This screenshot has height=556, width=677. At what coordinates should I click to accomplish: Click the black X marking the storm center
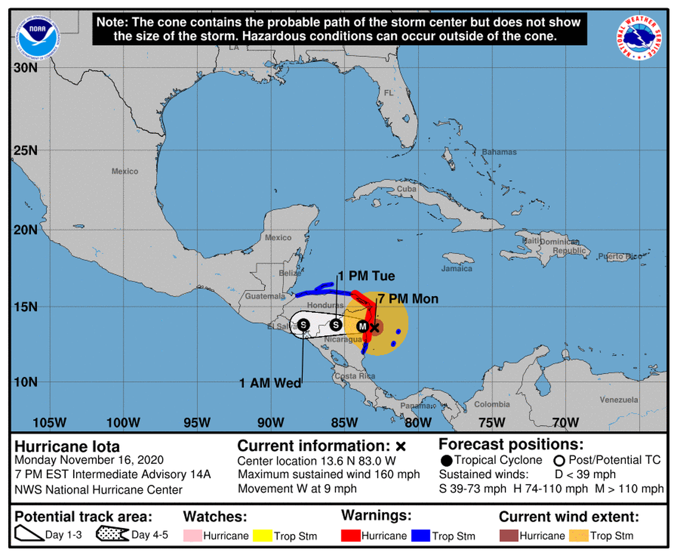pos(375,326)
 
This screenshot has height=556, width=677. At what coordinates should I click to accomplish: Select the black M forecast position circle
pos(362,326)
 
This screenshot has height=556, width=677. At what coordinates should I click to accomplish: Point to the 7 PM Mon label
pos(407,299)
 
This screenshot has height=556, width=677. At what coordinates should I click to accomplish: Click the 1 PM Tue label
pos(366,277)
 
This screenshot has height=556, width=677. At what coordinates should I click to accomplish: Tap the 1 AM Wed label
pos(270,384)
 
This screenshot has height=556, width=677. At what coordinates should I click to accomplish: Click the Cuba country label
pos(406,189)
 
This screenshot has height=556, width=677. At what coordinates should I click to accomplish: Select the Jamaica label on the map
pos(457,269)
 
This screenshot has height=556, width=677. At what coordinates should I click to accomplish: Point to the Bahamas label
pos(499,152)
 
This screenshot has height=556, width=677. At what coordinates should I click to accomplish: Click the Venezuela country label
pos(618,400)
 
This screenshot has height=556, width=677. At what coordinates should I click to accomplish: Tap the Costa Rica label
pos(354,376)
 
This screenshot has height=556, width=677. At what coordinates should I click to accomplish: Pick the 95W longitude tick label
pos(197,423)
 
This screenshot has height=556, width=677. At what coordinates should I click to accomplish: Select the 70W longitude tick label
pos(565,423)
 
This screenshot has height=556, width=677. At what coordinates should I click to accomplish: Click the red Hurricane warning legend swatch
pos(350,535)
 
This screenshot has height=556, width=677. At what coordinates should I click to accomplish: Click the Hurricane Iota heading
pos(67,446)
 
